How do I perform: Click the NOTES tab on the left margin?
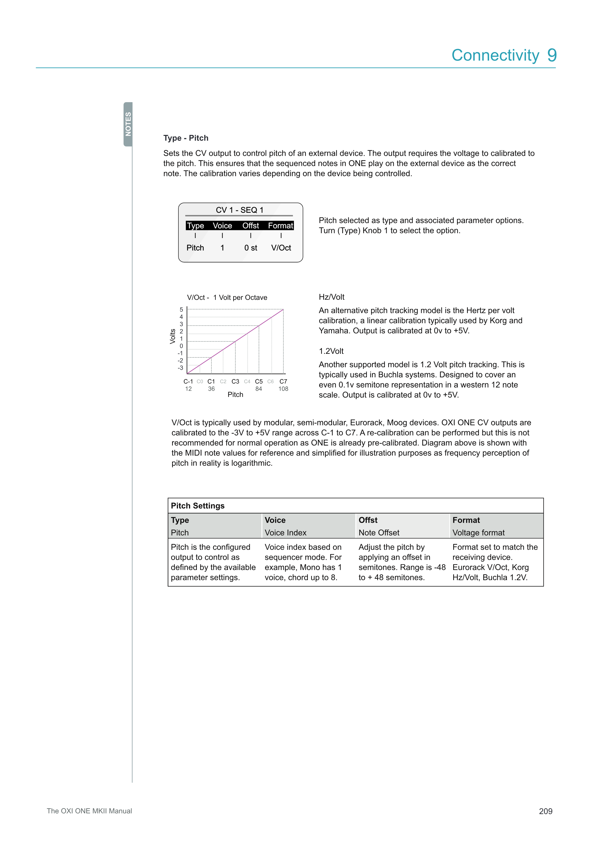(128, 124)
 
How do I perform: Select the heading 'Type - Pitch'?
(186, 138)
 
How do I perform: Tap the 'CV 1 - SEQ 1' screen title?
(240, 210)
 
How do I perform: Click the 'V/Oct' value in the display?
(281, 248)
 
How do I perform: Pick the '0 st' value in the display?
(251, 248)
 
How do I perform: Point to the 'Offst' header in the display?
(251, 225)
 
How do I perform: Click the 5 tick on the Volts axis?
(181, 309)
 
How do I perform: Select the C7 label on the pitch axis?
(283, 381)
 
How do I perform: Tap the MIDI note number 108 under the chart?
(283, 388)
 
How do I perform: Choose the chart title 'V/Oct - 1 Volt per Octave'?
(227, 297)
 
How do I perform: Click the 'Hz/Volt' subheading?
(331, 297)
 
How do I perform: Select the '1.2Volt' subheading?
(331, 351)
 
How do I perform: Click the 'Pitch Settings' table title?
(198, 505)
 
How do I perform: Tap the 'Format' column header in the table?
(466, 520)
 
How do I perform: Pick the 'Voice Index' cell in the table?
(285, 533)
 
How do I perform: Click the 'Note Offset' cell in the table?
(379, 533)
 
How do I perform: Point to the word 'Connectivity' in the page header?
(495, 55)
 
